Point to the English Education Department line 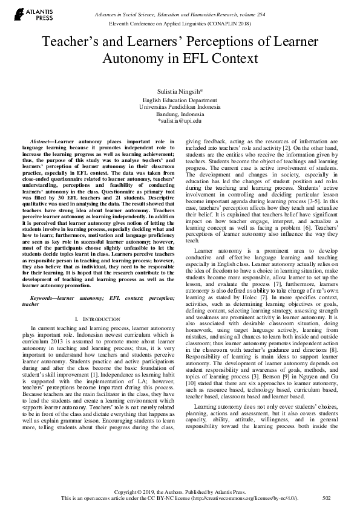pyautogui.click(x=180, y=99)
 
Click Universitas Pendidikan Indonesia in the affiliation pyautogui.click(x=180, y=106)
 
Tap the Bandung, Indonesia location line pyautogui.click(x=180, y=114)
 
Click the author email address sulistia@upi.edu pyautogui.click(x=180, y=121)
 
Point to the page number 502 pyautogui.click(x=327, y=498)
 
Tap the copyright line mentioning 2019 pyautogui.click(x=180, y=491)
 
